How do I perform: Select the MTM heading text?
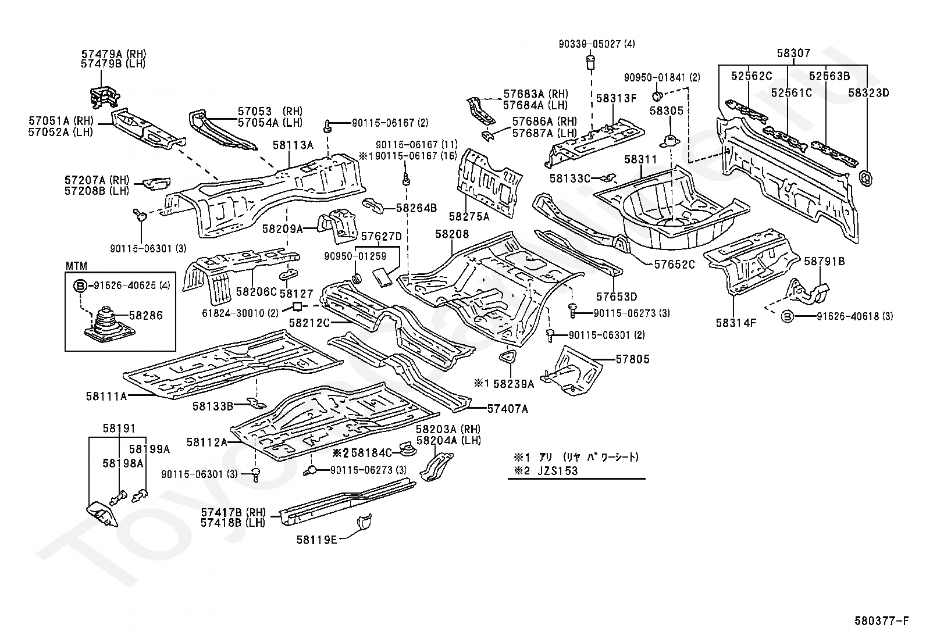(x=76, y=266)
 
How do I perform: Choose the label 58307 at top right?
(x=793, y=53)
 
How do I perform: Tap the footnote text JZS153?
(x=558, y=470)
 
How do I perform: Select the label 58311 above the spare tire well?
(x=640, y=159)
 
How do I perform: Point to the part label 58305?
(x=666, y=110)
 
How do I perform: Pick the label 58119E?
(x=316, y=540)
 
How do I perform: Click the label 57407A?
(x=507, y=409)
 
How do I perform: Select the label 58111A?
(x=106, y=396)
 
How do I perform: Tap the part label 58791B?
(x=824, y=262)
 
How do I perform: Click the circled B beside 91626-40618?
(x=788, y=316)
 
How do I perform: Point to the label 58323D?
(x=868, y=92)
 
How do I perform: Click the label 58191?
(x=119, y=429)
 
